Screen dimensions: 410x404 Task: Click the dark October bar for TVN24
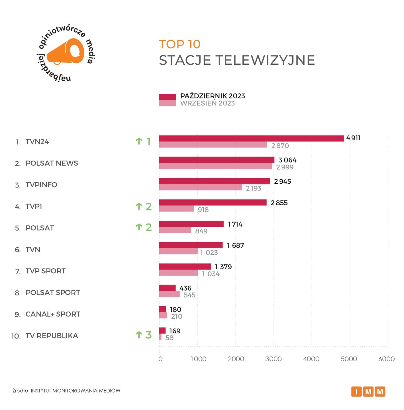(x=251, y=138)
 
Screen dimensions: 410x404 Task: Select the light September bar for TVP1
(x=176, y=209)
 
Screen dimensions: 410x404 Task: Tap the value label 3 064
(x=287, y=160)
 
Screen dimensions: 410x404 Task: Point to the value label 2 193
(x=253, y=188)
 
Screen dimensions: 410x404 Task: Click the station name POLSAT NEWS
(x=52, y=163)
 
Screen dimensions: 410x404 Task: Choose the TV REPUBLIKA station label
(x=52, y=336)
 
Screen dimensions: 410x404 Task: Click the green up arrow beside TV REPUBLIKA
(x=139, y=335)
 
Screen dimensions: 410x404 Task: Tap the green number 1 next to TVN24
(x=148, y=141)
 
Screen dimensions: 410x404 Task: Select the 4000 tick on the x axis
(x=311, y=359)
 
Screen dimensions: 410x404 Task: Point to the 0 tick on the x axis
(x=160, y=359)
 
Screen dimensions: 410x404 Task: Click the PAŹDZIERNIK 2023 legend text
(x=213, y=96)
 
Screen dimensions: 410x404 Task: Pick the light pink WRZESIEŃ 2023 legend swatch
(x=167, y=103)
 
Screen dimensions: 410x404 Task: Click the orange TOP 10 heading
(x=179, y=44)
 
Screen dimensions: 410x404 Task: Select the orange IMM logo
(x=368, y=391)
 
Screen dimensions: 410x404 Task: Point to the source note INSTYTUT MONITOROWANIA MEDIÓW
(x=75, y=391)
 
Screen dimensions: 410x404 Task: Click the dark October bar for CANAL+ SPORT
(x=162, y=309)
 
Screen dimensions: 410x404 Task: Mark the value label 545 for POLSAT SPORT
(x=189, y=295)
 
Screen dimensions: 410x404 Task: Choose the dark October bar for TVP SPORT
(x=185, y=266)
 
